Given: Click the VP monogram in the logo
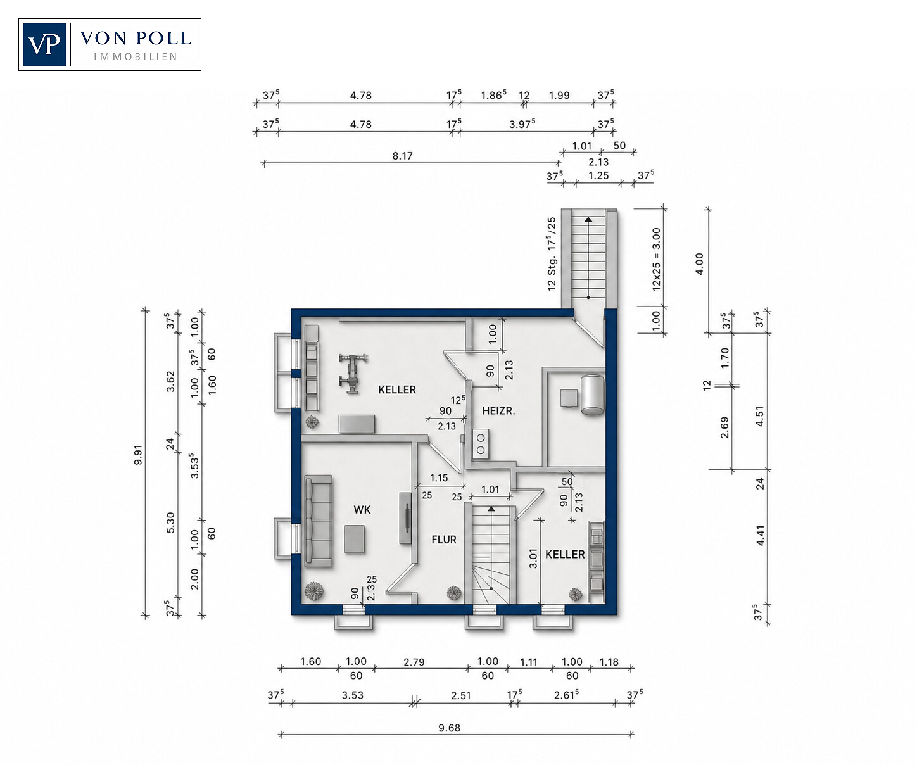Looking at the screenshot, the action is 44,44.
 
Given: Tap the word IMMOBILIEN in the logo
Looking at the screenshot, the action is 136,56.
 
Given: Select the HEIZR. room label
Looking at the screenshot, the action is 498,411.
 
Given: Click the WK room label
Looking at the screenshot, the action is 362,509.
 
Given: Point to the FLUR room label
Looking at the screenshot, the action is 444,540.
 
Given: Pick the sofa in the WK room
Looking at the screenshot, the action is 319,521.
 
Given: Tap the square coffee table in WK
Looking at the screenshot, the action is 355,539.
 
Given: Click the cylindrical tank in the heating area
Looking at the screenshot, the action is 593,395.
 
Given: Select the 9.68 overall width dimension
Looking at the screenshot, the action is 449,728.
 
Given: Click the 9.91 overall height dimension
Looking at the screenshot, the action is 138,455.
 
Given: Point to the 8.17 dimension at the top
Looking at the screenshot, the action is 402,156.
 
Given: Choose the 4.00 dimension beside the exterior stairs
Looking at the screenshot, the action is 700,264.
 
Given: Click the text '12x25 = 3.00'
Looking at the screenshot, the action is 656,258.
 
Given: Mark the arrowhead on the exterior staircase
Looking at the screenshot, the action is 588,219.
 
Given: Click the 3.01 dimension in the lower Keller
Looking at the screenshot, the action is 533,559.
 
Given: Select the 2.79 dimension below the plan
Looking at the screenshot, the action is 414,662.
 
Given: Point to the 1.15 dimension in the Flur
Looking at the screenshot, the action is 439,477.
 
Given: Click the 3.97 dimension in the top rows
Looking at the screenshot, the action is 522,124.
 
